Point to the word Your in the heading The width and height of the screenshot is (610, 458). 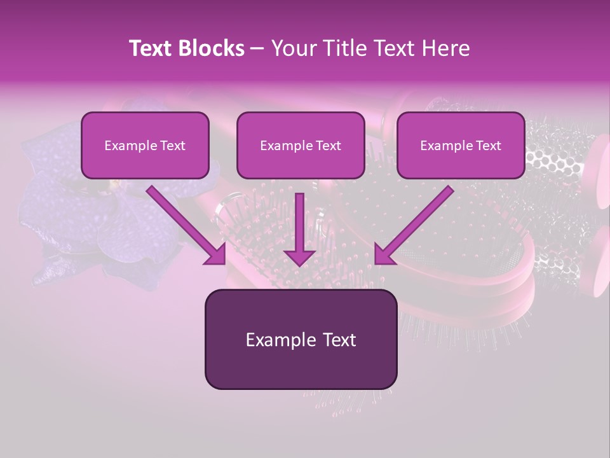coord(294,48)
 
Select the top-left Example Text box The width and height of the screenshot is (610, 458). coord(145,145)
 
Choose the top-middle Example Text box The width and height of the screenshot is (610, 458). coord(301,145)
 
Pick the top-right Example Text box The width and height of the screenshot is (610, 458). coord(461,145)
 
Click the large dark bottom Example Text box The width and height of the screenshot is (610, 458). coord(301,339)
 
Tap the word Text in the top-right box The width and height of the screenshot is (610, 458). coord(488,146)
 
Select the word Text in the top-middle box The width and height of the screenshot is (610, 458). coord(328,146)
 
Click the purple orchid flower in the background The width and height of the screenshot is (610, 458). coord(70,216)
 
